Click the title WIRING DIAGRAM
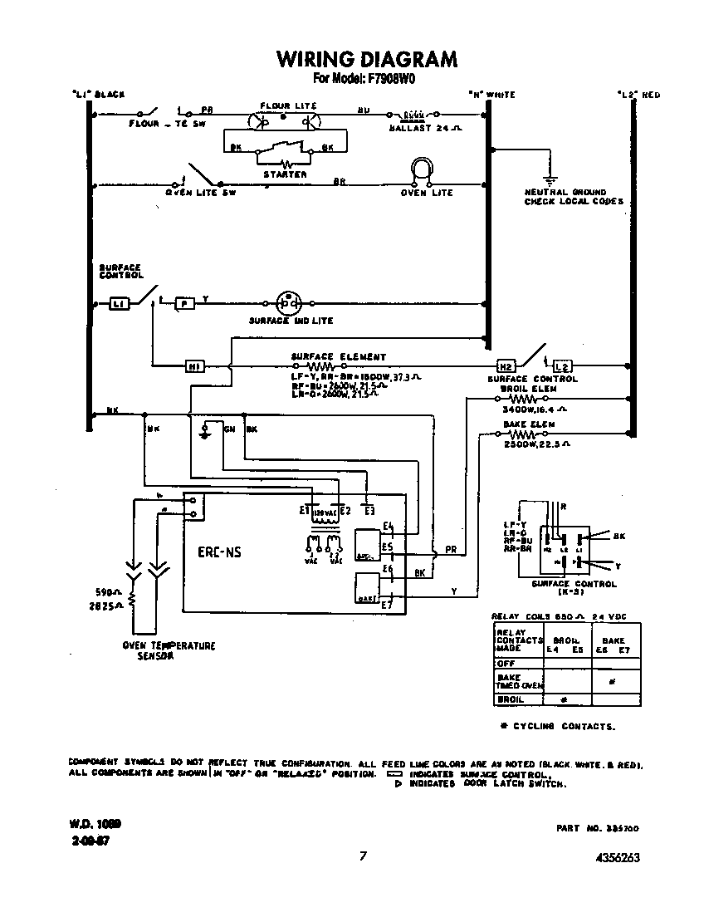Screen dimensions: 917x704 click(366, 59)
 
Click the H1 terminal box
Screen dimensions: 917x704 click(194, 365)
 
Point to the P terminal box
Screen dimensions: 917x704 click(185, 304)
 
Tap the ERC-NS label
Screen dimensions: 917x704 click(219, 552)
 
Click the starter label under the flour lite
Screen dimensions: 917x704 click(285, 174)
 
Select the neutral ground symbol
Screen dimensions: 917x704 click(547, 178)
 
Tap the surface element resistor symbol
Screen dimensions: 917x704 click(320, 365)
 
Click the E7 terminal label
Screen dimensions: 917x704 click(386, 605)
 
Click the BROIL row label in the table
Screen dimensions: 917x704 click(510, 700)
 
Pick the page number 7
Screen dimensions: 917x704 click(363, 856)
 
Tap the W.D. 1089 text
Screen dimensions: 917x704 click(95, 824)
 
